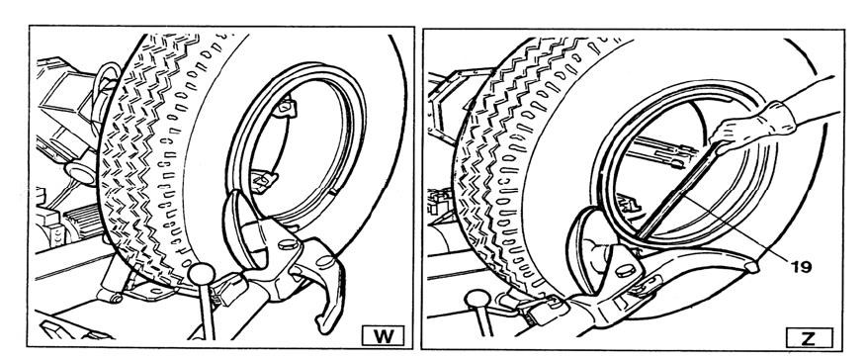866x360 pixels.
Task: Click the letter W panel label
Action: coord(383,335)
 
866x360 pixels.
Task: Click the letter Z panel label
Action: coord(809,337)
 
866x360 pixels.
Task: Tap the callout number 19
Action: coord(801,267)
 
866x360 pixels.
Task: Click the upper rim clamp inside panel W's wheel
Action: coord(284,106)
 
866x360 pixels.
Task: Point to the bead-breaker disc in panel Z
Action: coord(587,247)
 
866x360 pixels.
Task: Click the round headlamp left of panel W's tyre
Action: coord(82,173)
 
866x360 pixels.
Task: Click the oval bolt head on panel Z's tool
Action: coord(625,271)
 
